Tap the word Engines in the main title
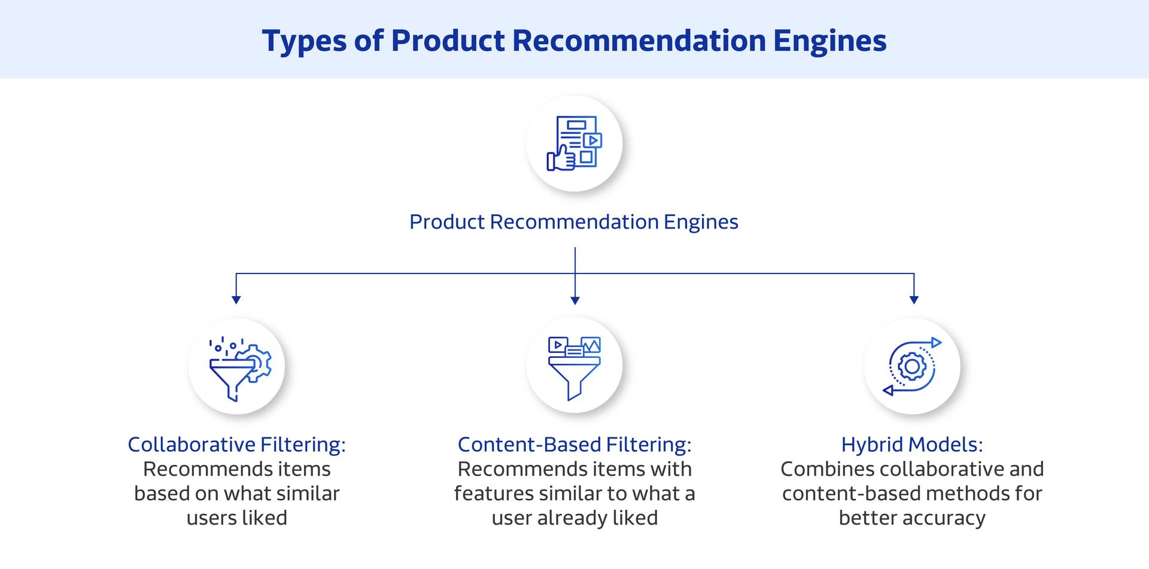point(829,41)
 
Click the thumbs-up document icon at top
point(574,144)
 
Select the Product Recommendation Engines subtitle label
point(573,222)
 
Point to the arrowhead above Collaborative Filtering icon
point(236,299)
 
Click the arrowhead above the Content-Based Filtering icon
point(575,300)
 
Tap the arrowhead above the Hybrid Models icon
point(914,299)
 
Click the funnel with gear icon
point(238,367)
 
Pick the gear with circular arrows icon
point(912,366)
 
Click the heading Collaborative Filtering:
point(236,445)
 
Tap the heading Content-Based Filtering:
point(574,445)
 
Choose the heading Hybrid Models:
point(912,445)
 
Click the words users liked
point(237,518)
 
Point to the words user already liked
point(574,518)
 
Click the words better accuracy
point(912,518)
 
